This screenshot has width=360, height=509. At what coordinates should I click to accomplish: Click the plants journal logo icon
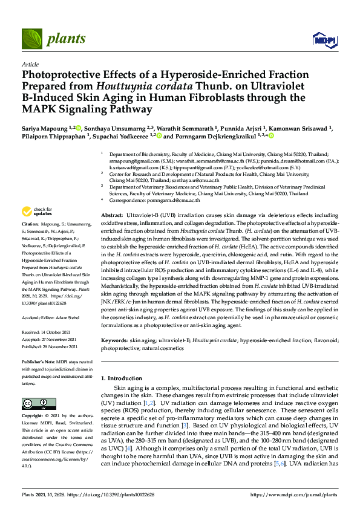click(x=32, y=39)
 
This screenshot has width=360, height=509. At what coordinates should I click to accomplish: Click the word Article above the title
click(x=30, y=64)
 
